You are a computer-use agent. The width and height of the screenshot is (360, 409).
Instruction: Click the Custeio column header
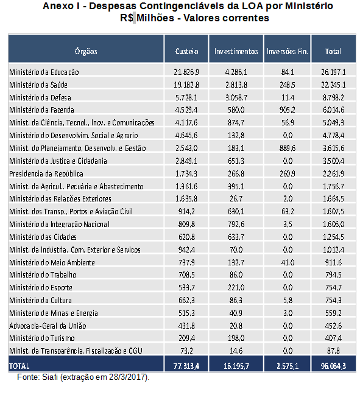point(186,51)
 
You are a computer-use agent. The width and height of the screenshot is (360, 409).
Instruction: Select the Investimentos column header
point(236,51)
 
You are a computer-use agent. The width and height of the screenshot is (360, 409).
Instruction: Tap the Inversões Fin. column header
point(287,51)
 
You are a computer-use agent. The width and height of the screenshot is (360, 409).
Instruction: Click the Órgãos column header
point(86,51)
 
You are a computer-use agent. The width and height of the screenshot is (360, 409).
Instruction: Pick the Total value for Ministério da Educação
point(333,72)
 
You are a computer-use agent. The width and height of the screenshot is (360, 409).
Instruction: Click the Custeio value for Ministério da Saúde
point(186,85)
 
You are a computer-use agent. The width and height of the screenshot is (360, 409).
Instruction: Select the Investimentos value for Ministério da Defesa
point(236,97)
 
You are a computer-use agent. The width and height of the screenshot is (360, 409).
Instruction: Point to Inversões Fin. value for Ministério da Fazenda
point(287,110)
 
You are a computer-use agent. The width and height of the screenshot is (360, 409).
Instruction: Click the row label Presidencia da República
point(46,173)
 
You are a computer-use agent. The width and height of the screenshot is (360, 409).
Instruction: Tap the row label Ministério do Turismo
point(42,338)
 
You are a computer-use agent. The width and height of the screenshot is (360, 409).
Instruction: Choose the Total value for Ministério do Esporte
point(333,287)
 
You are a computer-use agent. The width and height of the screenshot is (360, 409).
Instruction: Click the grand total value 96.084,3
point(333,366)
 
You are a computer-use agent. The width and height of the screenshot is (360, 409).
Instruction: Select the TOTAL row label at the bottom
point(19,366)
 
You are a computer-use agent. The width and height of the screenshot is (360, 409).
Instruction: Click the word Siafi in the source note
point(50,377)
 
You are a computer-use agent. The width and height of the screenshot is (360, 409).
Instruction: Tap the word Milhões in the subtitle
point(155,18)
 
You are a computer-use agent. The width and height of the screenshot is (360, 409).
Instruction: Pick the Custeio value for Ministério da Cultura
point(186,300)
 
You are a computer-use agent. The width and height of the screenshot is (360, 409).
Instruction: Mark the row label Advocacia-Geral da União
point(48,326)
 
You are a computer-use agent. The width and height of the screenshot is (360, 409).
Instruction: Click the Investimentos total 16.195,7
point(236,366)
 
